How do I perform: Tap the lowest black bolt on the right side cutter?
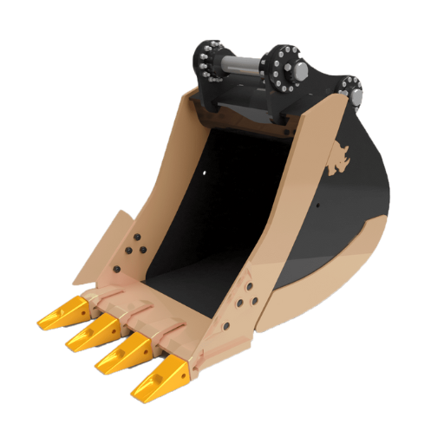pos(226,327)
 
